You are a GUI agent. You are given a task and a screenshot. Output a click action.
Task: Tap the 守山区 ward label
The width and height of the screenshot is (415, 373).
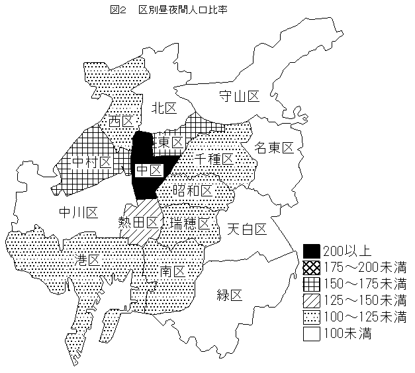(240, 97)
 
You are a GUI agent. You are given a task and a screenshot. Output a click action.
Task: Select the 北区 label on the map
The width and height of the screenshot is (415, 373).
(164, 108)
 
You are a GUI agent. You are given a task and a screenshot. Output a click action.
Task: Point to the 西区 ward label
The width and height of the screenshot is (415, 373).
(121, 122)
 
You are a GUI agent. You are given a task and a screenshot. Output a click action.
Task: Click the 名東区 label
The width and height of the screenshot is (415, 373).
(274, 147)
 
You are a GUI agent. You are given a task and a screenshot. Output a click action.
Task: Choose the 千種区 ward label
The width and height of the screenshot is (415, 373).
(214, 159)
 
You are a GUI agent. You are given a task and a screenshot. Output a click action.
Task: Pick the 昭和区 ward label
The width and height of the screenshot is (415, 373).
(193, 190)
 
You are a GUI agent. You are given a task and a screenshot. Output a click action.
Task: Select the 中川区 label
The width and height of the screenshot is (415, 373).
(78, 212)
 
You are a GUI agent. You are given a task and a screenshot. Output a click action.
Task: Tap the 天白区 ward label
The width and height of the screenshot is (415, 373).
(246, 229)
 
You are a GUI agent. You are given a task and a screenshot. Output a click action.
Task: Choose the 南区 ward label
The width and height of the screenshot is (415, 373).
(171, 271)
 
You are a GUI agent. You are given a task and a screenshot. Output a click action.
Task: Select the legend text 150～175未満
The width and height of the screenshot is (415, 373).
(365, 284)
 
